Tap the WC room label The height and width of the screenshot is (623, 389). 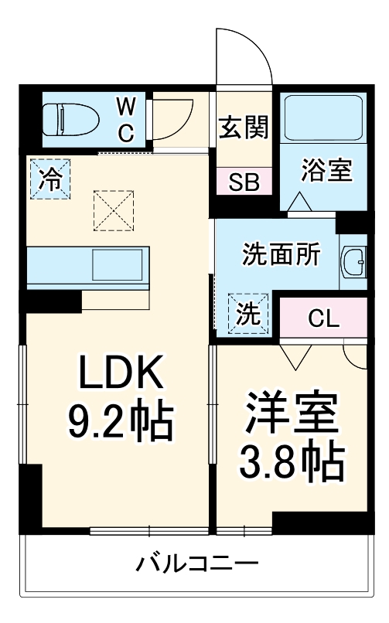[x=126, y=120]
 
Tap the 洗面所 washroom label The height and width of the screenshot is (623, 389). [x=281, y=256]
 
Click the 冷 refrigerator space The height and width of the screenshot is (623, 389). [x=49, y=180]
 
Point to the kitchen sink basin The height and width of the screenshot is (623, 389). [x=117, y=265]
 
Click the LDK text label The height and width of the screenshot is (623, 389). [x=119, y=376]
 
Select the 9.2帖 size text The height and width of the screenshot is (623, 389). [x=119, y=421]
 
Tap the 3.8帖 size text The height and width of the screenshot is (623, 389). [x=292, y=461]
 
